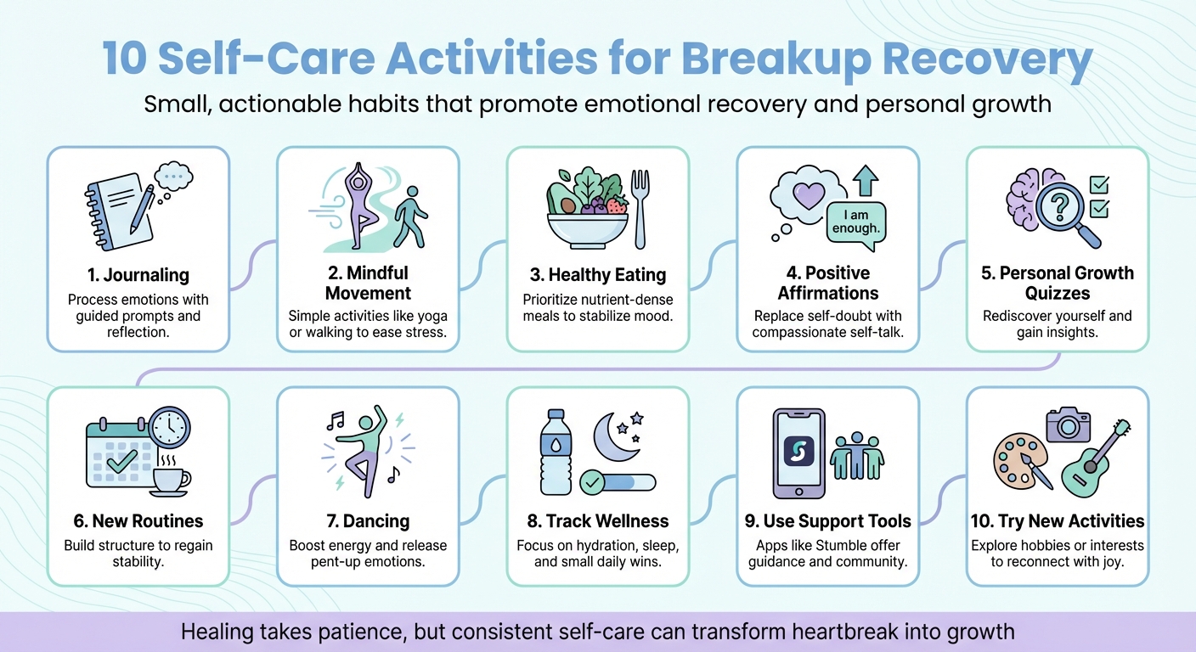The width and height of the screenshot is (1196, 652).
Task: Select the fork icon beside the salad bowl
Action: pos(640,207)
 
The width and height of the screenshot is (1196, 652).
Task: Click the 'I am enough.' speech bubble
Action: pos(855,223)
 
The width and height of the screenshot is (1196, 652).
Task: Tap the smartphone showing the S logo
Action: pos(798,452)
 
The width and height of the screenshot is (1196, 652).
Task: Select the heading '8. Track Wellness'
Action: pos(596,521)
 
